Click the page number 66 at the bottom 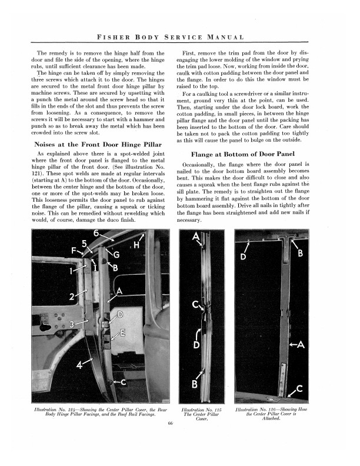(x=170, y=423)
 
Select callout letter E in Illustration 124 (x=122, y=333)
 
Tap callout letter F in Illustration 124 (x=75, y=250)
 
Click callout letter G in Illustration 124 (x=116, y=254)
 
